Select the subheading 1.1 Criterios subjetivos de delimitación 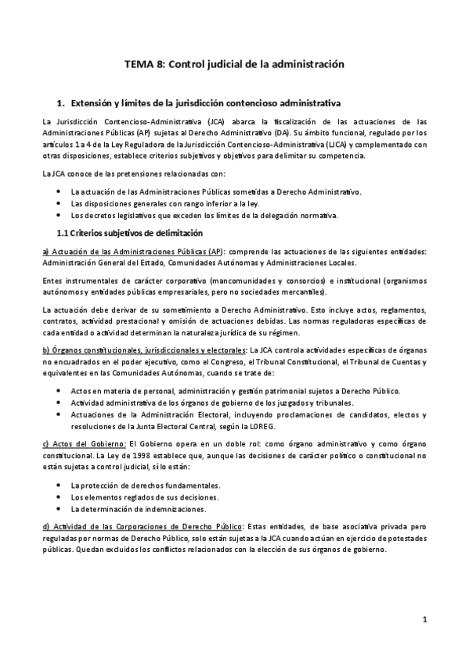131,233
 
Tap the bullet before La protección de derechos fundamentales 62,486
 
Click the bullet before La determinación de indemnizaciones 62,509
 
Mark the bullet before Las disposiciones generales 62,203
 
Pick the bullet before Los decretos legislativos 62,215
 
